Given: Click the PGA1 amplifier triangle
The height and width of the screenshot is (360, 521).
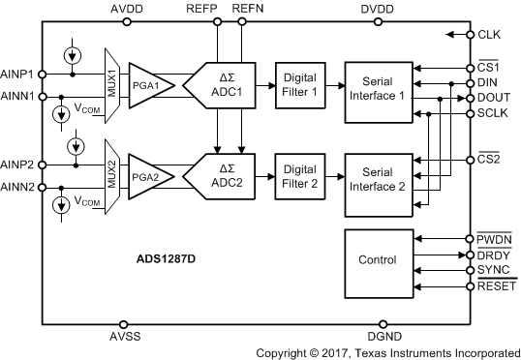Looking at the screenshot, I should pyautogui.click(x=149, y=85).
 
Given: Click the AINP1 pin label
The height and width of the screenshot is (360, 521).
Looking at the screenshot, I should pyautogui.click(x=19, y=74).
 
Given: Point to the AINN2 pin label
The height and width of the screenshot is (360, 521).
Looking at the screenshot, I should pyautogui.click(x=19, y=186).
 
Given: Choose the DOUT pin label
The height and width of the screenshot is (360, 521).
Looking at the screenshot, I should pyautogui.click(x=494, y=98).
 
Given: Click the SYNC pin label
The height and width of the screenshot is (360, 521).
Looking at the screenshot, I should pyautogui.click(x=493, y=272).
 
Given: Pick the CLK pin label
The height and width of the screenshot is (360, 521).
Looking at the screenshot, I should pyautogui.click(x=490, y=35).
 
